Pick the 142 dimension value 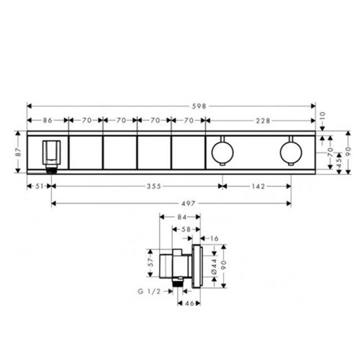(258, 186)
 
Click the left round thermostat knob (222, 150)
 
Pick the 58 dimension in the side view (185, 229)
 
